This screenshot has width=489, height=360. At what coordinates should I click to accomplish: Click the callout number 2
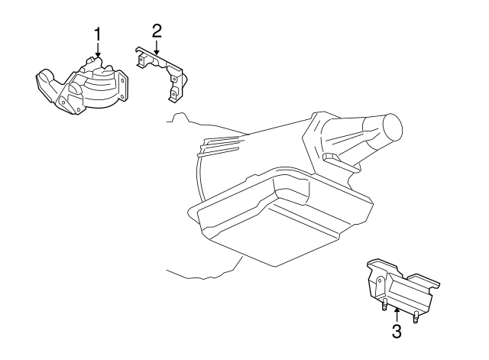(157, 31)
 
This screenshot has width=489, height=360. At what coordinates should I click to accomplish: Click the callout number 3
(397, 331)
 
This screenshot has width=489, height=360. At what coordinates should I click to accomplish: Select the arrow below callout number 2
(157, 47)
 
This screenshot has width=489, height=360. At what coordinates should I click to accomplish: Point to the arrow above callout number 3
(397, 312)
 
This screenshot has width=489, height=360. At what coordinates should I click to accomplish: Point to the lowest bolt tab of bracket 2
(173, 96)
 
